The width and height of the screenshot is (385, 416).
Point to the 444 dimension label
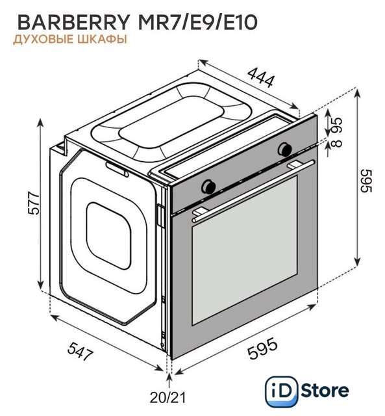[x=261, y=77]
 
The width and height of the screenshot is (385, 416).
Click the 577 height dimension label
[x=34, y=203]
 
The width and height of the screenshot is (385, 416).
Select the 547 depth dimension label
[x=81, y=351]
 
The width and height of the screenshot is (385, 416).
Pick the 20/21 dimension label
[x=168, y=397]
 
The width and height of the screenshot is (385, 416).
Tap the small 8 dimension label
[x=337, y=143]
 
